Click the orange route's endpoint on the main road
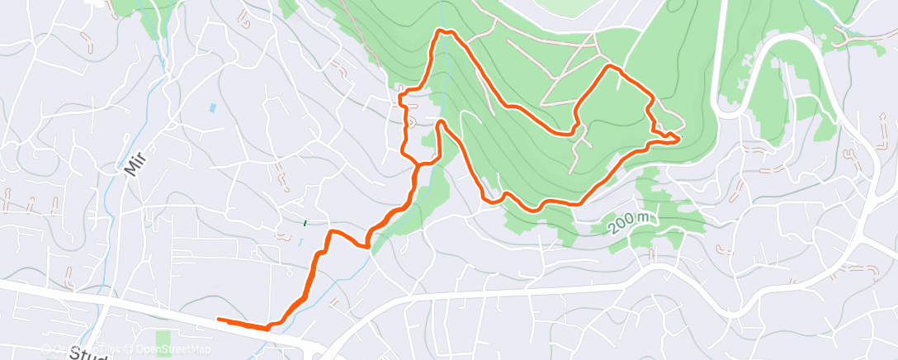click(219, 320)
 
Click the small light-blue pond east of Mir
click(214, 107)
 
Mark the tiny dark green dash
click(305, 222)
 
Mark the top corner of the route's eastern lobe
click(610, 65)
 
